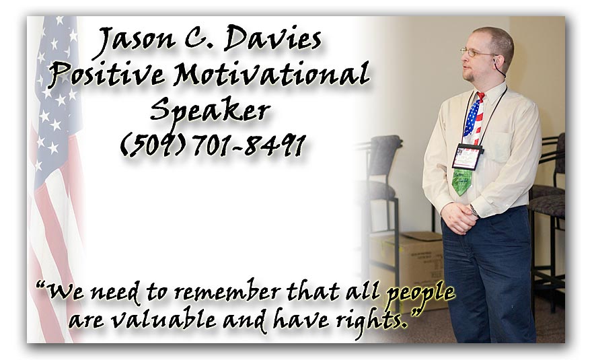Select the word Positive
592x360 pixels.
106,74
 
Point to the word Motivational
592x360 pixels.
271,73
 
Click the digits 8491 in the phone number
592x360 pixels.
275,145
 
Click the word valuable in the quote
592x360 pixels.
163,320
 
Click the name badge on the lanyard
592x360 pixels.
468,156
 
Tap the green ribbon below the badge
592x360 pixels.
462,181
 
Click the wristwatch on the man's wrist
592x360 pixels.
474,211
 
